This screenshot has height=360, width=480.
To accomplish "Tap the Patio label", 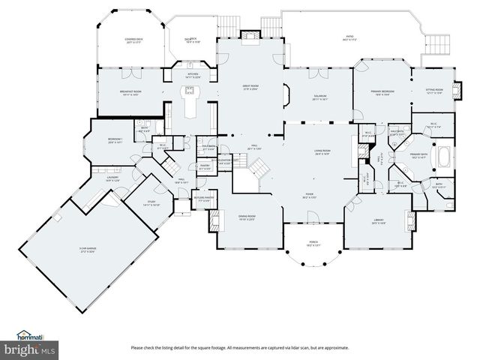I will (x=348, y=37).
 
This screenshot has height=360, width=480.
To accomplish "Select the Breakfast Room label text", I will (x=130, y=92).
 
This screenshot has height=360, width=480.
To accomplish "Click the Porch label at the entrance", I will (x=313, y=244).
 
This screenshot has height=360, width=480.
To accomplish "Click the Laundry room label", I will (x=112, y=178).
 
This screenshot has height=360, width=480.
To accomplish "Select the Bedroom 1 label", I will (x=115, y=140).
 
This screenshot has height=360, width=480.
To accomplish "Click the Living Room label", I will (x=322, y=152).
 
